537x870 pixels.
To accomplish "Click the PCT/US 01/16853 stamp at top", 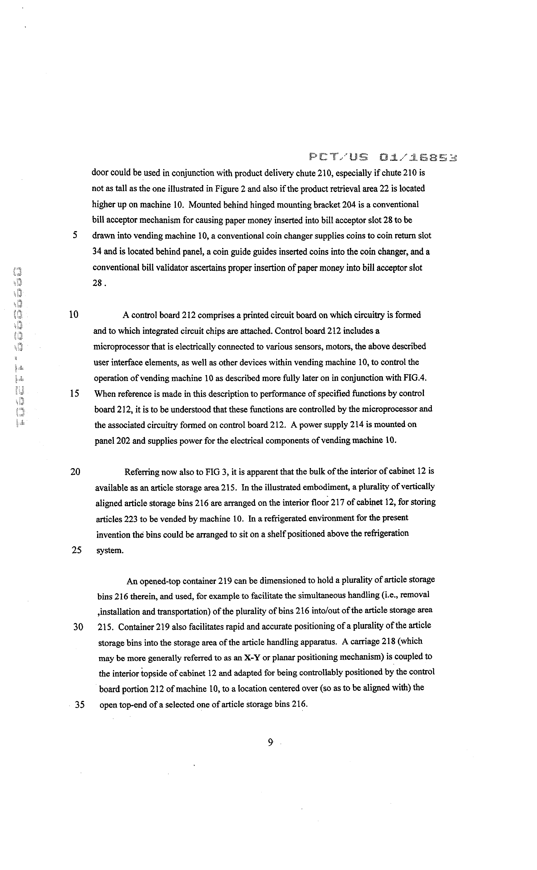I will tap(382, 157).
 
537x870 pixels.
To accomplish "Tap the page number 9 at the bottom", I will tap(270, 742).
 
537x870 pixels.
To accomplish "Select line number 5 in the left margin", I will tap(75, 235).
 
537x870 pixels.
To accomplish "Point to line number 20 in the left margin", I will tap(75, 472).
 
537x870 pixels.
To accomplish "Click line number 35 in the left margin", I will tap(80, 704).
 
